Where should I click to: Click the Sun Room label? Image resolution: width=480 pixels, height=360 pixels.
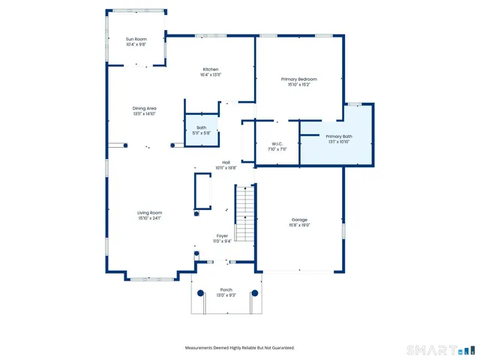[136, 39]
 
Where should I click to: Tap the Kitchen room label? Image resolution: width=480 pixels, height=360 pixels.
[210, 70]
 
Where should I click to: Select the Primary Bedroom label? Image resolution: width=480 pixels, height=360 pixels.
[298, 79]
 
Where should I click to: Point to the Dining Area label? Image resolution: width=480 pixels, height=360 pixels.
[145, 109]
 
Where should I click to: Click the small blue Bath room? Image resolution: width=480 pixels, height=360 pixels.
[201, 130]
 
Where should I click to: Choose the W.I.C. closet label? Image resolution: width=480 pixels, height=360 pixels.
[277, 144]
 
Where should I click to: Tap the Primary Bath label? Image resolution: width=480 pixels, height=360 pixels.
[338, 136]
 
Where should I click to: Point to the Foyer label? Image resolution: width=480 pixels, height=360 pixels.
[223, 235]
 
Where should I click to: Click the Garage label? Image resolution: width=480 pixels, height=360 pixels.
[300, 220]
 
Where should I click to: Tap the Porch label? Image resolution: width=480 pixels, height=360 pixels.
[226, 289]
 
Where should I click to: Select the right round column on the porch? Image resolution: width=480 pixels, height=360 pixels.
[255, 293]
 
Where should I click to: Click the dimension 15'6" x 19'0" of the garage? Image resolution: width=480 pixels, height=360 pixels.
[300, 225]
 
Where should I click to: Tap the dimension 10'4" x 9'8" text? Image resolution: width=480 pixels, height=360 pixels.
[136, 44]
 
